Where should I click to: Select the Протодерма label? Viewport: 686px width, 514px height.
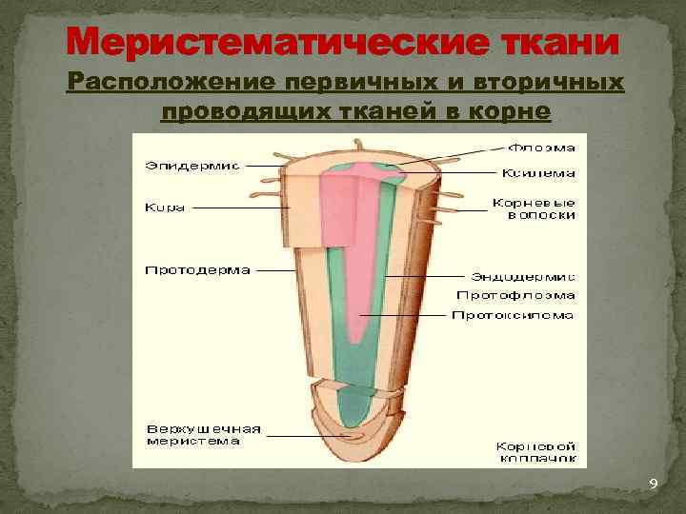[197, 270]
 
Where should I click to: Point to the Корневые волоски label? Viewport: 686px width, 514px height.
[534, 208]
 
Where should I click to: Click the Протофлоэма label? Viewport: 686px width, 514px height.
[528, 295]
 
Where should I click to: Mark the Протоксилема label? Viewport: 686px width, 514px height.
[513, 315]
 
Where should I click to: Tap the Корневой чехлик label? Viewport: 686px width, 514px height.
[535, 451]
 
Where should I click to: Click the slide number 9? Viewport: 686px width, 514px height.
[653, 484]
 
